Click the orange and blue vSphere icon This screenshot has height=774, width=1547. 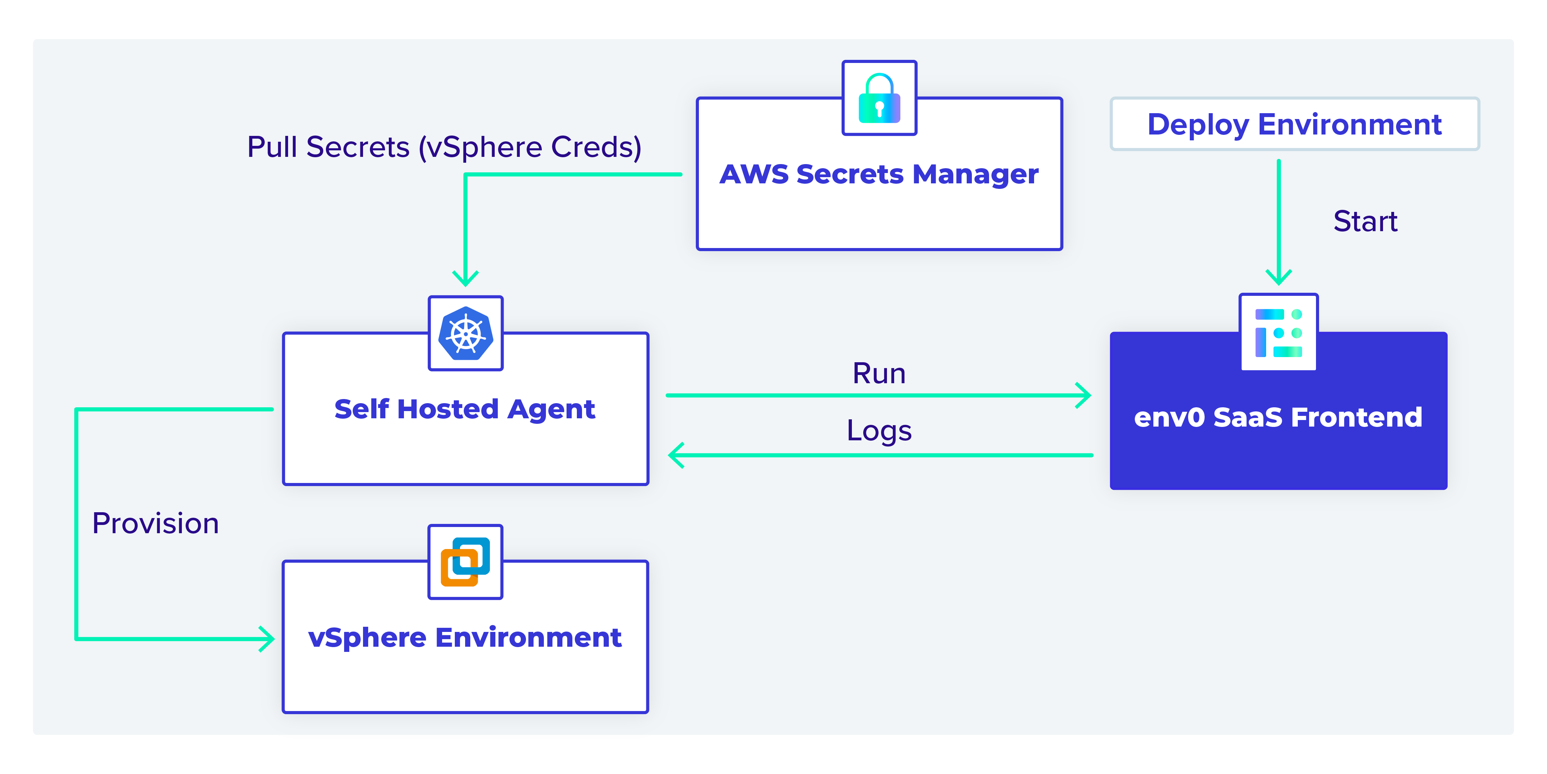click(x=465, y=562)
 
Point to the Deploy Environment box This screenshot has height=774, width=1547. click(x=1295, y=124)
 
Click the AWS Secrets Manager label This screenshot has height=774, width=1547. click(x=879, y=174)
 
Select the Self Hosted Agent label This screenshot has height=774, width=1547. click(x=465, y=409)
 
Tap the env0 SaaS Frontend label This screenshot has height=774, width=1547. click(x=1278, y=417)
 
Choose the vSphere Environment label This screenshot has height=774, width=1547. click(x=465, y=637)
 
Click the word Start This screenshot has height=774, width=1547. click(x=1365, y=221)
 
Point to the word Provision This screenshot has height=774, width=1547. click(x=155, y=524)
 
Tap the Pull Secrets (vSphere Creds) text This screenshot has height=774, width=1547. click(x=445, y=147)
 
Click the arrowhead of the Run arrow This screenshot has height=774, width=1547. click(x=1083, y=395)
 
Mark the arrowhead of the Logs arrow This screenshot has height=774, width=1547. click(x=676, y=455)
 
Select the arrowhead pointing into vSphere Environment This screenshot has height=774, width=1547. click(x=267, y=639)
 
